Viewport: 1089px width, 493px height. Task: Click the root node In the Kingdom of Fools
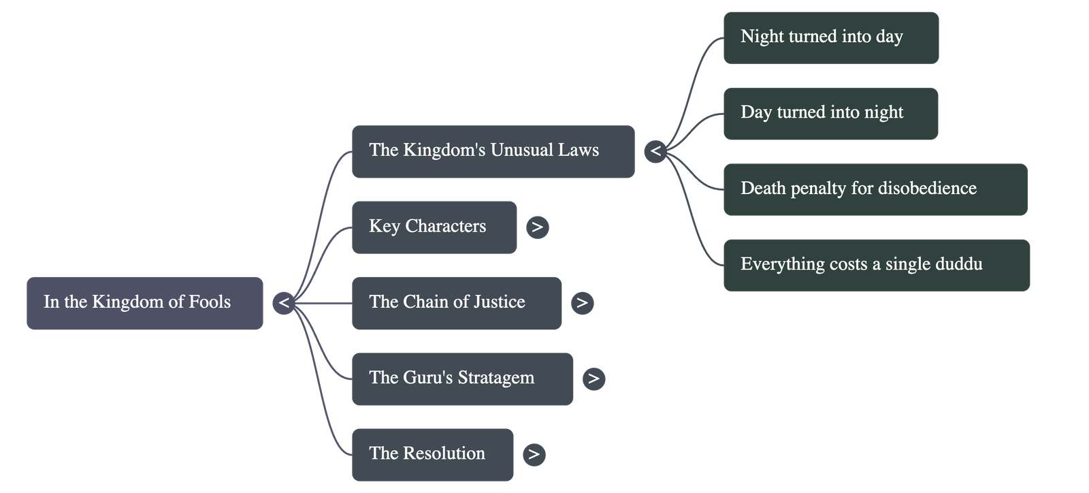144,303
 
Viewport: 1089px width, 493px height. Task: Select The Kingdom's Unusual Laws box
493,152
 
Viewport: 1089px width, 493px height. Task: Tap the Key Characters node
434,227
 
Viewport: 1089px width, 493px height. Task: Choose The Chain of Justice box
456,303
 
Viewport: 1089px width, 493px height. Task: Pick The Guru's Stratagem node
462,379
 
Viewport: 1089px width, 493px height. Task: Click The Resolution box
432,454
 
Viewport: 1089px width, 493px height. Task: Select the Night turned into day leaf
830,38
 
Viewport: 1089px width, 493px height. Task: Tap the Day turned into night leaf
830,114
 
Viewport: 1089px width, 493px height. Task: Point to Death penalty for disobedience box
875,189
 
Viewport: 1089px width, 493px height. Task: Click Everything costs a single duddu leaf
876,265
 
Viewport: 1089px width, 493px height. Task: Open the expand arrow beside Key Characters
537,227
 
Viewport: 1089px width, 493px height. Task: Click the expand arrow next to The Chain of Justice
582,303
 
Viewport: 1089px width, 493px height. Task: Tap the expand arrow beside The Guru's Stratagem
594,379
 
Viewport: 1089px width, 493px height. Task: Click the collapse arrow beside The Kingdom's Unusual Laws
655,151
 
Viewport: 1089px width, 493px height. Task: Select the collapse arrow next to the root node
284,303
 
